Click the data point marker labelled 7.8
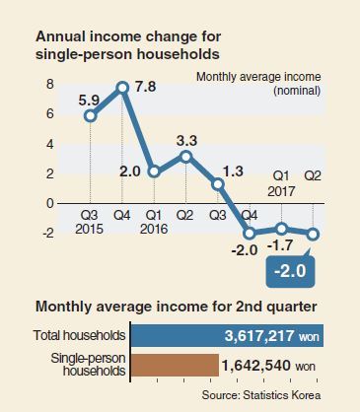click(122, 88)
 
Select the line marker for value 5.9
click(91, 116)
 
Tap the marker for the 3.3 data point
click(186, 157)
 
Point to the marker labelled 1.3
click(218, 184)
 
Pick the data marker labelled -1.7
click(282, 229)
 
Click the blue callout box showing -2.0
click(290, 271)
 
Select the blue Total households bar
click(227, 335)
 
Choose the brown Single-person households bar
click(175, 365)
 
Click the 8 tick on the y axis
click(49, 85)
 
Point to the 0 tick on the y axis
click(49, 203)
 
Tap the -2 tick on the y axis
click(47, 233)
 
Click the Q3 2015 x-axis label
click(89, 223)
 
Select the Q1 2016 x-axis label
click(154, 223)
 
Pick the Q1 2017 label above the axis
click(281, 184)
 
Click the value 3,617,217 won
click(272, 336)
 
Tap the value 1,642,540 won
click(268, 366)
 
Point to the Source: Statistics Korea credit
click(261, 394)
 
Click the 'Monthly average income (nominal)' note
click(258, 84)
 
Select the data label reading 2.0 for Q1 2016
click(129, 172)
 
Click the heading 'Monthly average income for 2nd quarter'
click(177, 307)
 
